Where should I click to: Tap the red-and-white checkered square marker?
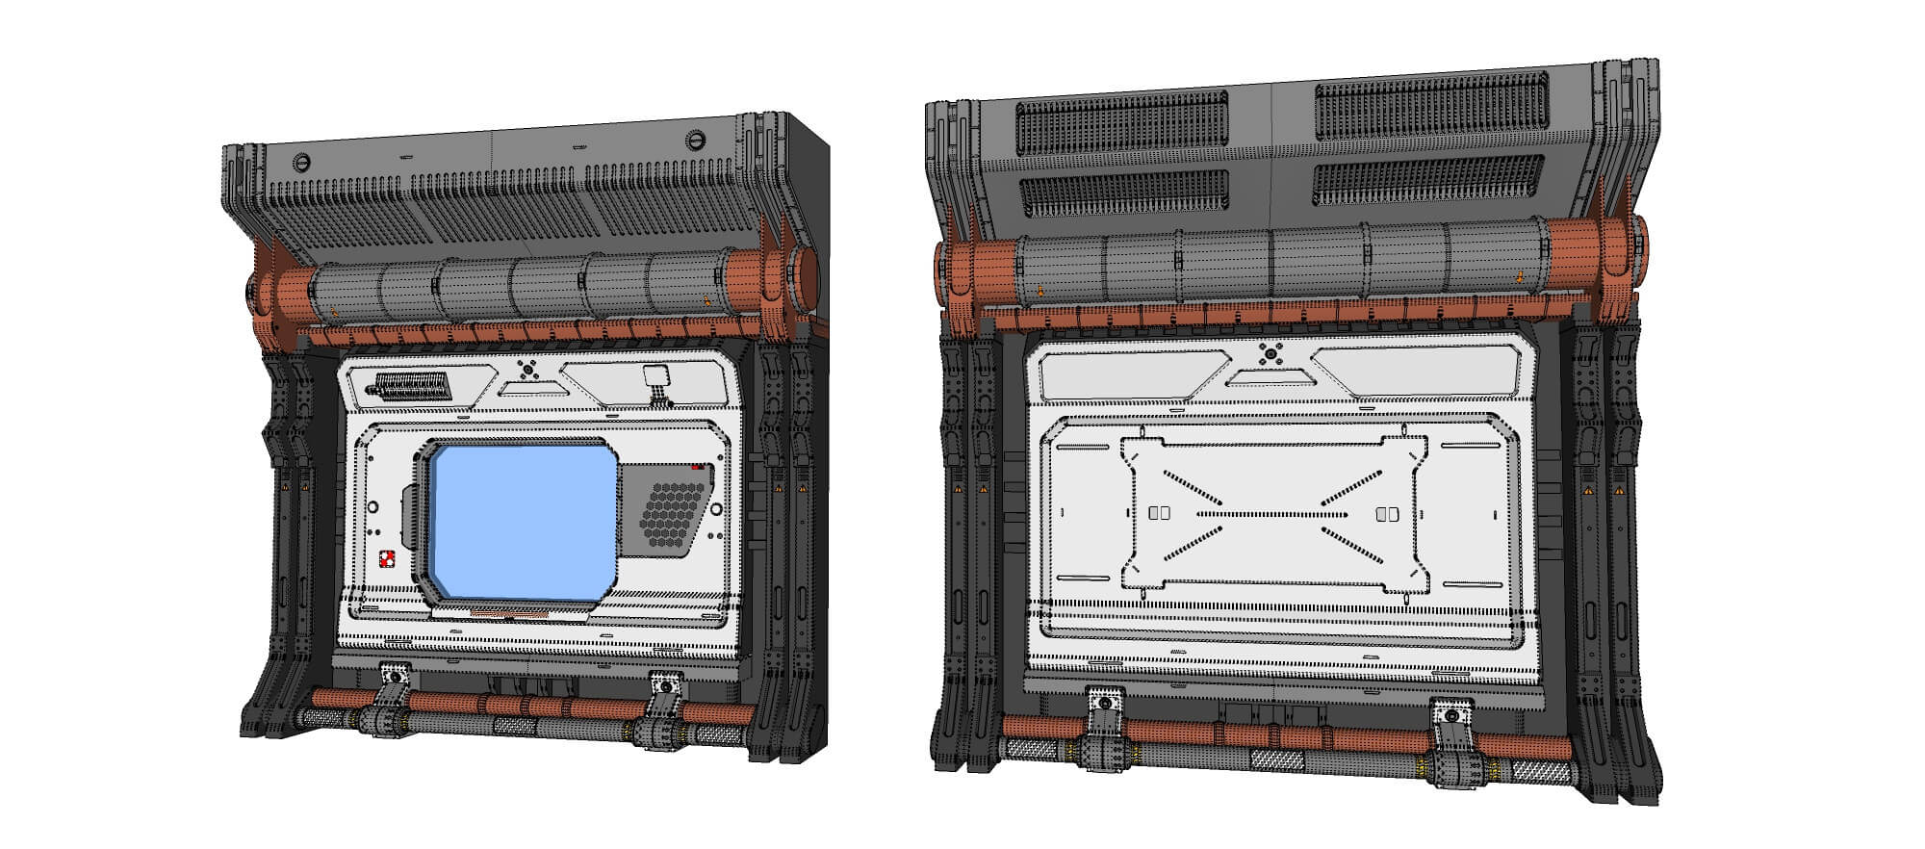click(388, 558)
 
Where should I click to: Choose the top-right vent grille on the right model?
click(1431, 107)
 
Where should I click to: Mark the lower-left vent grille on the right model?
click(1123, 193)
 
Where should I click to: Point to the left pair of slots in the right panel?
click(1160, 513)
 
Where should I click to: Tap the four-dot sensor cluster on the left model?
click(526, 369)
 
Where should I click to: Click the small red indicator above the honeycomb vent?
click(698, 467)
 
